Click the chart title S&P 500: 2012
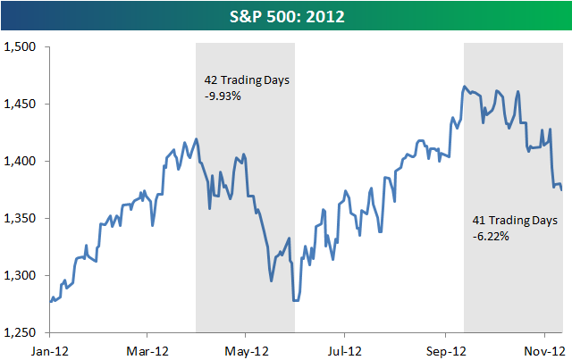click(287, 15)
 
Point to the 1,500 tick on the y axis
click(21, 46)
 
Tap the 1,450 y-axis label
click(21, 104)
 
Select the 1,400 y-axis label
click(21, 161)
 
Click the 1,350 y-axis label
click(21, 218)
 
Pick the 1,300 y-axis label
click(21, 275)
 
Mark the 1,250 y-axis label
click(21, 332)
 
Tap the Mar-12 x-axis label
click(147, 350)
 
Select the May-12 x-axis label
click(246, 350)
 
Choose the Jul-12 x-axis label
click(344, 350)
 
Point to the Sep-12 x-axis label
click(442, 350)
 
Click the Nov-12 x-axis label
click(541, 350)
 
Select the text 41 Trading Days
click(514, 220)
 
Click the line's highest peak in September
click(465, 87)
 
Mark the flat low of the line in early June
click(297, 301)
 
